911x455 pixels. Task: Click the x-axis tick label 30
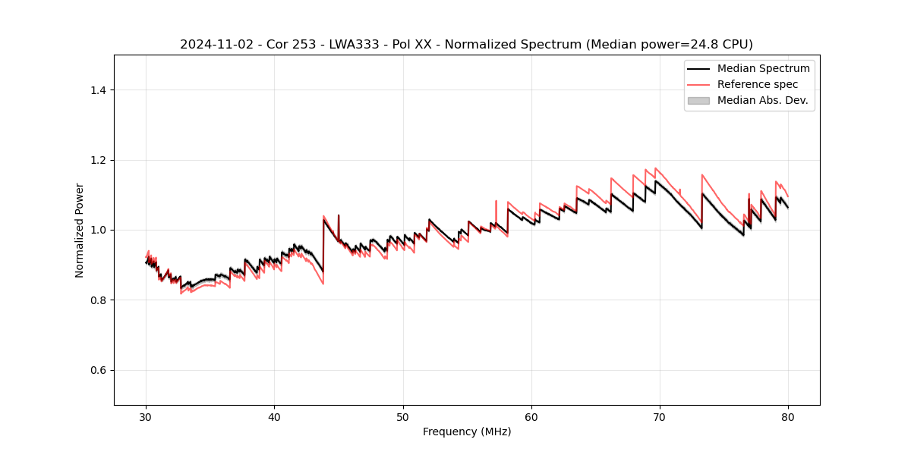tap(146, 416)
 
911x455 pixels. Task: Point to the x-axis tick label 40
tap(274, 416)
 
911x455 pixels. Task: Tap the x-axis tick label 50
tap(403, 416)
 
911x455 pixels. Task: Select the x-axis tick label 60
tap(531, 416)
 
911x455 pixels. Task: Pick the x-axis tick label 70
tap(660, 416)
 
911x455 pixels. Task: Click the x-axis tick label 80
tap(788, 416)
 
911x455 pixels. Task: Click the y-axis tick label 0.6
tap(98, 370)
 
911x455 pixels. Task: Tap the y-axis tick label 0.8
tap(98, 300)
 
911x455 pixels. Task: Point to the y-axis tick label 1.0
tap(98, 230)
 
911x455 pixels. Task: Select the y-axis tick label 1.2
tap(98, 160)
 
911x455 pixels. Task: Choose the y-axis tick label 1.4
tap(98, 90)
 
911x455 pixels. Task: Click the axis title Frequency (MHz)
tap(467, 431)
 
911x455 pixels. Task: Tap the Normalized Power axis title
tap(80, 230)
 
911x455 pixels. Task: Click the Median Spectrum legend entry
tap(763, 68)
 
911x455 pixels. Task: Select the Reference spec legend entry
tap(758, 84)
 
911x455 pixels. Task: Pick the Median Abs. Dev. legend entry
tap(762, 100)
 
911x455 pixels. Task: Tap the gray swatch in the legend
tap(698, 100)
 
